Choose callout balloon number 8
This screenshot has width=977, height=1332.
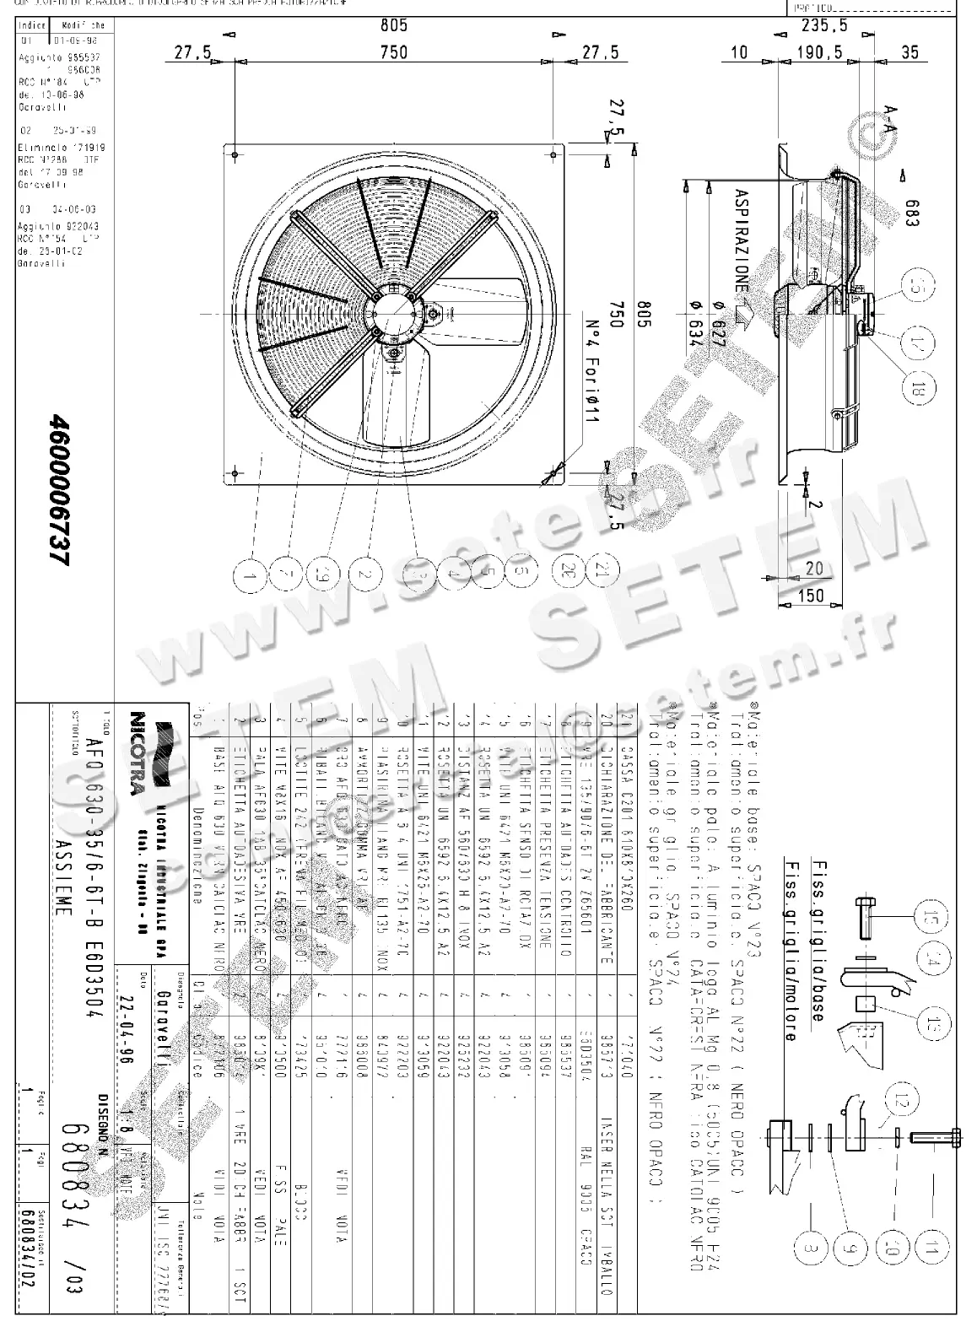coord(808,1249)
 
